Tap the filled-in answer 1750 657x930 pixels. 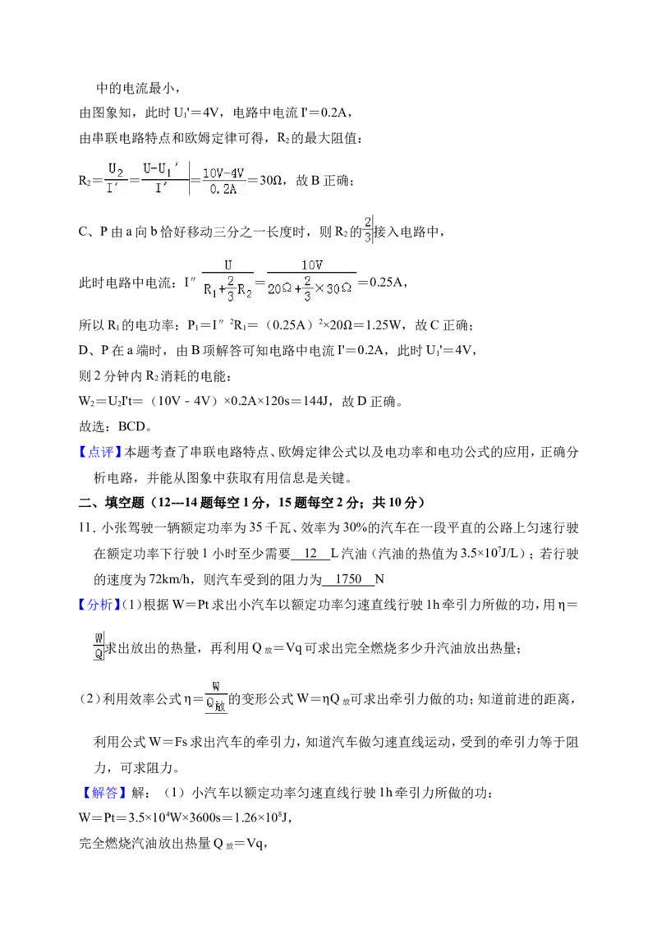tap(349, 579)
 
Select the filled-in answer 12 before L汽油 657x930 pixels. tap(310, 554)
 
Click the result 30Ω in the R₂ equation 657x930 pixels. tap(271, 180)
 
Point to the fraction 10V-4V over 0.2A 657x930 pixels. tap(223, 180)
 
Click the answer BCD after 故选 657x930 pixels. tap(131, 426)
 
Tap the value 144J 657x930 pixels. tap(316, 402)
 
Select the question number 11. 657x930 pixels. tap(86, 528)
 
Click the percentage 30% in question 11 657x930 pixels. tap(355, 528)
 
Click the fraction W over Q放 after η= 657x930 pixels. tap(216, 697)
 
